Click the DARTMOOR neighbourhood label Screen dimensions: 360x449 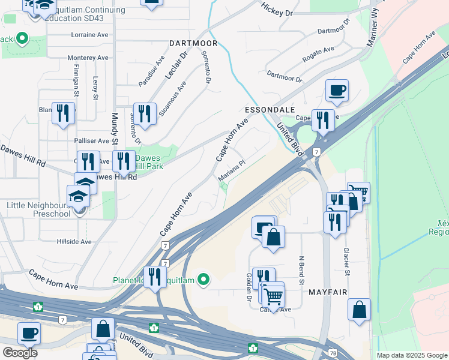tap(192, 43)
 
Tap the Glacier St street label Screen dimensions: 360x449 tap(346, 262)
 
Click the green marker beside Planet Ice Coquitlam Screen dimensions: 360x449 tap(204, 279)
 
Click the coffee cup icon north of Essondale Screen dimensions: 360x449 tap(337, 91)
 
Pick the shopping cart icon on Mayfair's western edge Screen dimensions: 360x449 tap(273, 295)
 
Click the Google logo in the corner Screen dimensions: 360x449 tap(20, 353)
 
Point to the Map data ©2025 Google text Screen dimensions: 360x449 tap(411, 355)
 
